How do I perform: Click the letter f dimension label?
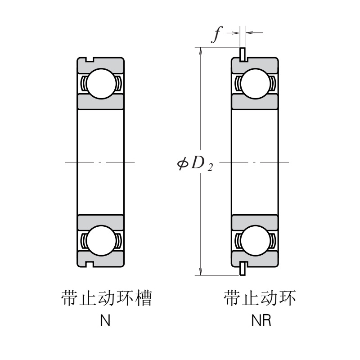(x=217, y=35)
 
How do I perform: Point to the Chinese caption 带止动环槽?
(x=105, y=299)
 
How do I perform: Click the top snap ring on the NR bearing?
(x=243, y=54)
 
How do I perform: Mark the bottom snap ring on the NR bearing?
(x=243, y=269)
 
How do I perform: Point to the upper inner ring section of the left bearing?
(x=100, y=101)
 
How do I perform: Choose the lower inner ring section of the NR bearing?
(x=254, y=222)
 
